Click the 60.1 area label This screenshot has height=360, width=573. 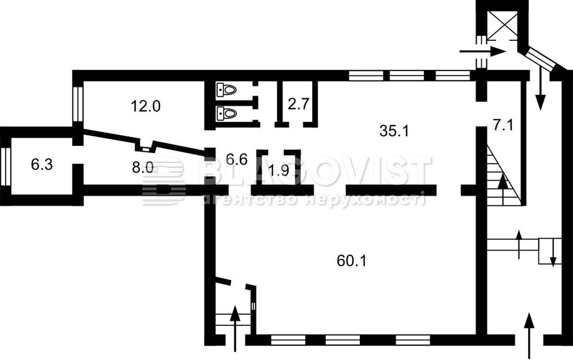coord(351,261)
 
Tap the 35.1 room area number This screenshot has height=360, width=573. coord(394,131)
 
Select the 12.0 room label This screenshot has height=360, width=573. coord(146,106)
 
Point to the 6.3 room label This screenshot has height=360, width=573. coord(42,165)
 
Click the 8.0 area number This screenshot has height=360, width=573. coord(143,167)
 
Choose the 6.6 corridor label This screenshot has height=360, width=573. coord(237,159)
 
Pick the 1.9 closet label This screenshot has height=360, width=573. coord(279,170)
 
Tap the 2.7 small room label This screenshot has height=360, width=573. coord(299,105)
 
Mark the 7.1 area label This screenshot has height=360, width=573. coord(503,125)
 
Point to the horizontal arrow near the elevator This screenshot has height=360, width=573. coord(482,51)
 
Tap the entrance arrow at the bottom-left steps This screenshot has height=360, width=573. coord(234,329)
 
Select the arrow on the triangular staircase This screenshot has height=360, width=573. coord(503,181)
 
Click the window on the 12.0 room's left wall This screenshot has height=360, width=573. coord(78,104)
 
